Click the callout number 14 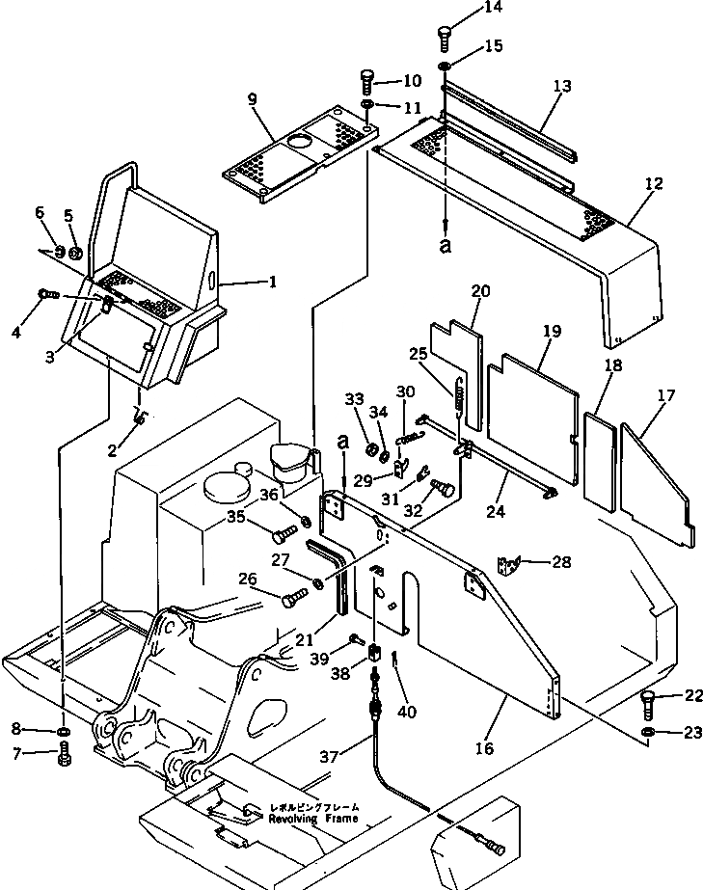(x=467, y=9)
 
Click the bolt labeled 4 (x=45, y=293)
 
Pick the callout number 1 (x=272, y=283)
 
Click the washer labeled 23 (x=649, y=736)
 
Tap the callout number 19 (x=551, y=330)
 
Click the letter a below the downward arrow (x=445, y=246)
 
